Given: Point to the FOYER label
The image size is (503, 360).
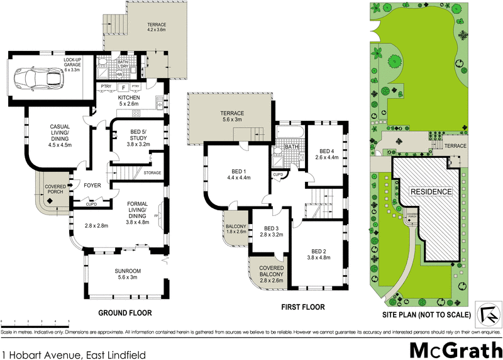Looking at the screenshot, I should click(93, 186).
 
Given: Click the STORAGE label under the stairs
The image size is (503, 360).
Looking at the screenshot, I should click(152, 173).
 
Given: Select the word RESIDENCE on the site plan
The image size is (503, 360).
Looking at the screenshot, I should click(431, 191).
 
